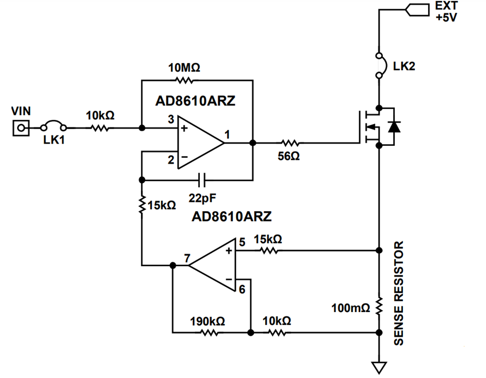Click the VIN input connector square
(21, 127)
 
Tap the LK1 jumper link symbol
(53, 124)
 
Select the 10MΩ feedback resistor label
(184, 67)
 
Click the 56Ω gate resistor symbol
(290, 143)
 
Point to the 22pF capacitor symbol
(201, 180)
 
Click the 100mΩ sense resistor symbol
(379, 306)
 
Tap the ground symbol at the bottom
(379, 367)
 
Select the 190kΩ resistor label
(207, 321)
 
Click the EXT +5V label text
(447, 11)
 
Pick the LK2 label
(404, 66)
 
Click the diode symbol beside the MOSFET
(394, 126)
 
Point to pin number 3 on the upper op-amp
(171, 119)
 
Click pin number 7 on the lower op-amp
(187, 258)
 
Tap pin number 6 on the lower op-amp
(242, 289)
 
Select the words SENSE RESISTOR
(399, 293)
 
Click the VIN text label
(21, 111)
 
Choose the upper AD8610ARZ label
(195, 100)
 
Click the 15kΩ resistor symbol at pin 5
(269, 251)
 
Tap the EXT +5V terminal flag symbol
(417, 10)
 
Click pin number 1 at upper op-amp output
(227, 134)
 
